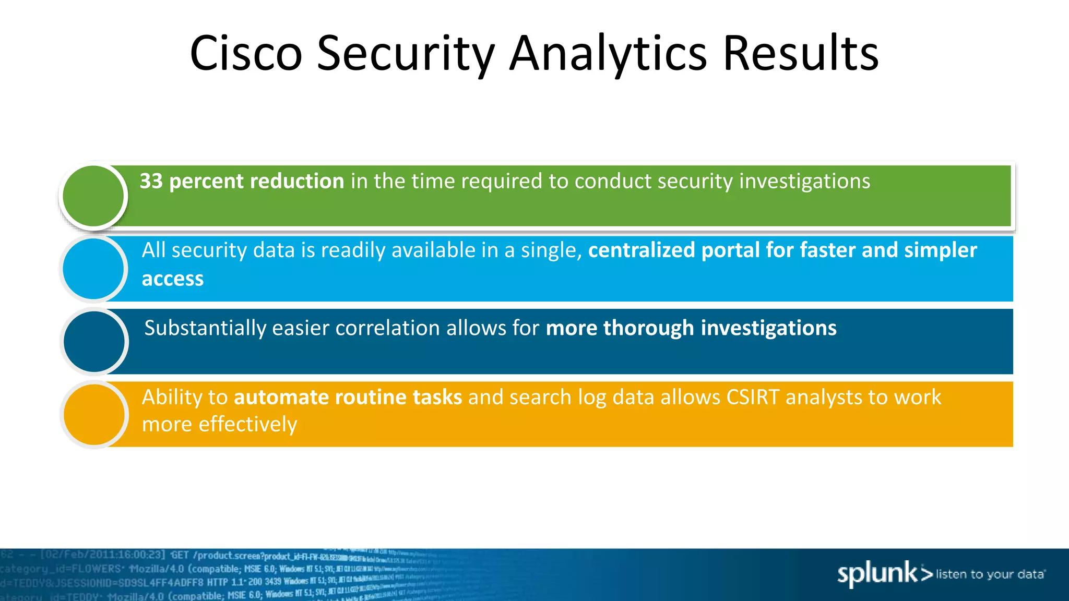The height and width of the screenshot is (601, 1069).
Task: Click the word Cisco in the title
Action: coord(246,53)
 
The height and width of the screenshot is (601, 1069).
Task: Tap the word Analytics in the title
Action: coord(608,53)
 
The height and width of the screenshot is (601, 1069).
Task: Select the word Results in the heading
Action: coord(801,53)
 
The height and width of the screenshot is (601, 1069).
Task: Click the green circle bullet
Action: coord(93,196)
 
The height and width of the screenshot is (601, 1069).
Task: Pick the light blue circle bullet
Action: coord(93,269)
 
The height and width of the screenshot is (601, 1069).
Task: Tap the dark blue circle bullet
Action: coord(94,342)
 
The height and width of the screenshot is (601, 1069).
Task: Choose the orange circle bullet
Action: coord(94,415)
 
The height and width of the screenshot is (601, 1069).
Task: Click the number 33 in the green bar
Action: coord(151,181)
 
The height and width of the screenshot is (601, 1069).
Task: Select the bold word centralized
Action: coord(642,250)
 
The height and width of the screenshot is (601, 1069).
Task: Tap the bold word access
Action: coord(173,279)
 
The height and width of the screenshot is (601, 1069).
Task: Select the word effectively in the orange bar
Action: coord(248,424)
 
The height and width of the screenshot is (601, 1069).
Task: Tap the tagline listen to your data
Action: coord(990,574)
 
